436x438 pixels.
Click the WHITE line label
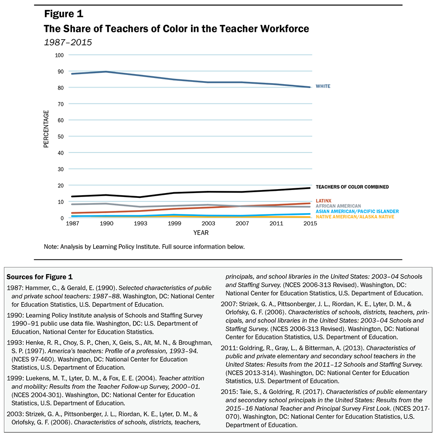(323, 86)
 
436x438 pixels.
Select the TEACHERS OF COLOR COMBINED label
(352, 187)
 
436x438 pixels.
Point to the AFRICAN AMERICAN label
(338, 206)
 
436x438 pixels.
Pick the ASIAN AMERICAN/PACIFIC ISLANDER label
(357, 211)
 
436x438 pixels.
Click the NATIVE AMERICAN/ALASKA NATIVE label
(355, 217)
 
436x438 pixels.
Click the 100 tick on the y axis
(59, 55)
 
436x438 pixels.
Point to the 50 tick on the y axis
(61, 136)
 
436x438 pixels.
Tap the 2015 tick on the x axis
(310, 223)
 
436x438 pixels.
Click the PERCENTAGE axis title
(46, 129)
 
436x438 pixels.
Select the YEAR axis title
(201, 233)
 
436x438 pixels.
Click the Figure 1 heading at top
(64, 14)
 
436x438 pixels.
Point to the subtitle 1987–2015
(68, 42)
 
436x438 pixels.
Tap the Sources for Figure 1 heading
(40, 277)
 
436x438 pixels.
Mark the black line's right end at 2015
(310, 188)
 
